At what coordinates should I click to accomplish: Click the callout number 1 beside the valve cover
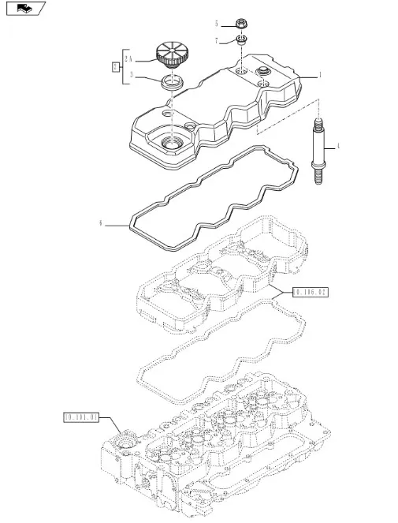(320, 75)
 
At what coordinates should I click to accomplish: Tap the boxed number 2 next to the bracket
(115, 67)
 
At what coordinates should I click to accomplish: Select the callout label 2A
(128, 59)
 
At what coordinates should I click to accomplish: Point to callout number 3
(132, 76)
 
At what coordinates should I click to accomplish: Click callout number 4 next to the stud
(338, 146)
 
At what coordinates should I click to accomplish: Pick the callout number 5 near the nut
(216, 24)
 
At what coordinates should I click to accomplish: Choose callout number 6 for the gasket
(100, 223)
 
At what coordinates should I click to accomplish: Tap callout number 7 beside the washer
(216, 41)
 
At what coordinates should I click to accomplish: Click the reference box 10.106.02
(311, 293)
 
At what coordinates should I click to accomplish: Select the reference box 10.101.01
(81, 417)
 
